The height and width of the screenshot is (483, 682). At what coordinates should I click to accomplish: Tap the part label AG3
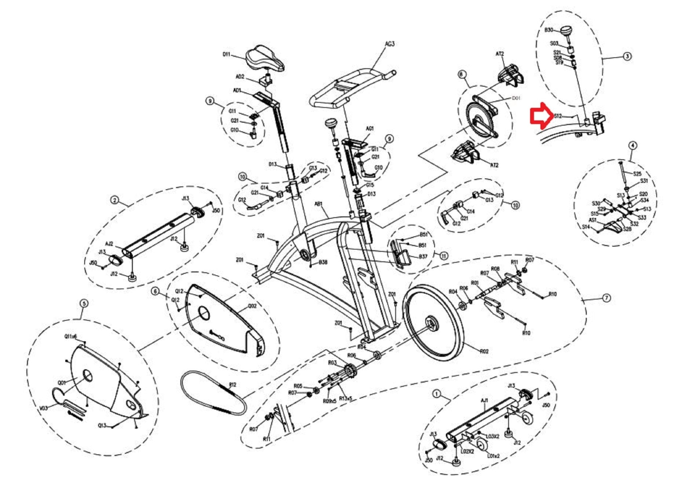tap(390, 44)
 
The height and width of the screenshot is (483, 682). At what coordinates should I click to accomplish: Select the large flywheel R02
tap(433, 322)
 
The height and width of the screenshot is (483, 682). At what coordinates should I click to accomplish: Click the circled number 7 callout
tap(606, 298)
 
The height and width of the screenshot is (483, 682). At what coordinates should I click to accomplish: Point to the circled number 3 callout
tap(627, 56)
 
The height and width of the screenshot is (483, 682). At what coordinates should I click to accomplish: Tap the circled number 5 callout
tap(84, 303)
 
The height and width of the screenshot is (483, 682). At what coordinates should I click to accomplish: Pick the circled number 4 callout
tap(632, 145)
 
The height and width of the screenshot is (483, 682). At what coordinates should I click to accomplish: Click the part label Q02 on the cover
tap(252, 306)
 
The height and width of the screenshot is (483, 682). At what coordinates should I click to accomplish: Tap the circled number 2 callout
tap(115, 200)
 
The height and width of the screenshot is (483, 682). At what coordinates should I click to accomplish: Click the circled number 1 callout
tap(436, 394)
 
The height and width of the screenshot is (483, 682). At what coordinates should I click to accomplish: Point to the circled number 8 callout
tap(461, 74)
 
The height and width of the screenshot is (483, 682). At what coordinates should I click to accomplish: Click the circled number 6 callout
tap(155, 291)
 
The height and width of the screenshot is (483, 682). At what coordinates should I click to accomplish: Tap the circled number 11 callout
tap(444, 256)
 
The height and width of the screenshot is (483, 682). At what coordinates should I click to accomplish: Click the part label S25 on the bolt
tap(637, 174)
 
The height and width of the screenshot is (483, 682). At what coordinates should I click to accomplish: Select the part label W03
tap(44, 408)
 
